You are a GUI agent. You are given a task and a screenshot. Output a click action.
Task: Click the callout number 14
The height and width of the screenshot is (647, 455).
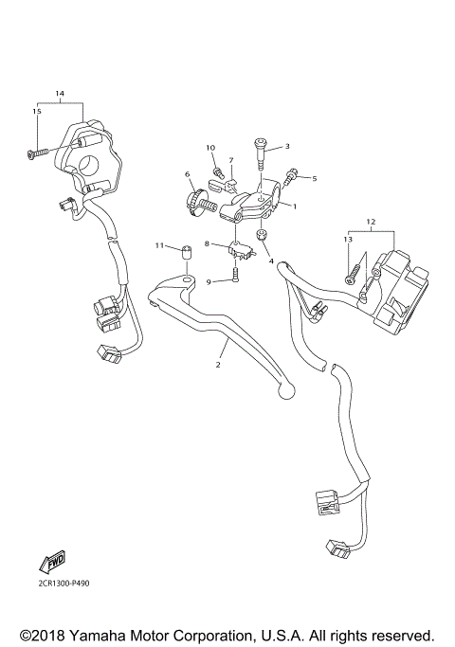[60, 94]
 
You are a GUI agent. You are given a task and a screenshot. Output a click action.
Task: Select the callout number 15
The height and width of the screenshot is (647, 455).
[38, 112]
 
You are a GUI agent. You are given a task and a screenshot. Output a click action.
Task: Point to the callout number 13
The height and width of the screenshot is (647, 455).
[348, 241]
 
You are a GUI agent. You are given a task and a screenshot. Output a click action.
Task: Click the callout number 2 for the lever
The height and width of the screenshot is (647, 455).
[217, 363]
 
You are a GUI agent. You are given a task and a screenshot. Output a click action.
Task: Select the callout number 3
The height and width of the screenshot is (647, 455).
[286, 146]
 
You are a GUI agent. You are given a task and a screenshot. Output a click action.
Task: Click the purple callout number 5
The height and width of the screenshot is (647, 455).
[315, 178]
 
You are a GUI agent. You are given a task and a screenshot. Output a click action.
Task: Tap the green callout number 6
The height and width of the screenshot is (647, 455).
[188, 174]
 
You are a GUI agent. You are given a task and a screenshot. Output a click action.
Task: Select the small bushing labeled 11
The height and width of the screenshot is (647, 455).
[186, 251]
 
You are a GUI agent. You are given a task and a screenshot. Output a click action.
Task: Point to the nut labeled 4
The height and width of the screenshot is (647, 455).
[262, 234]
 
